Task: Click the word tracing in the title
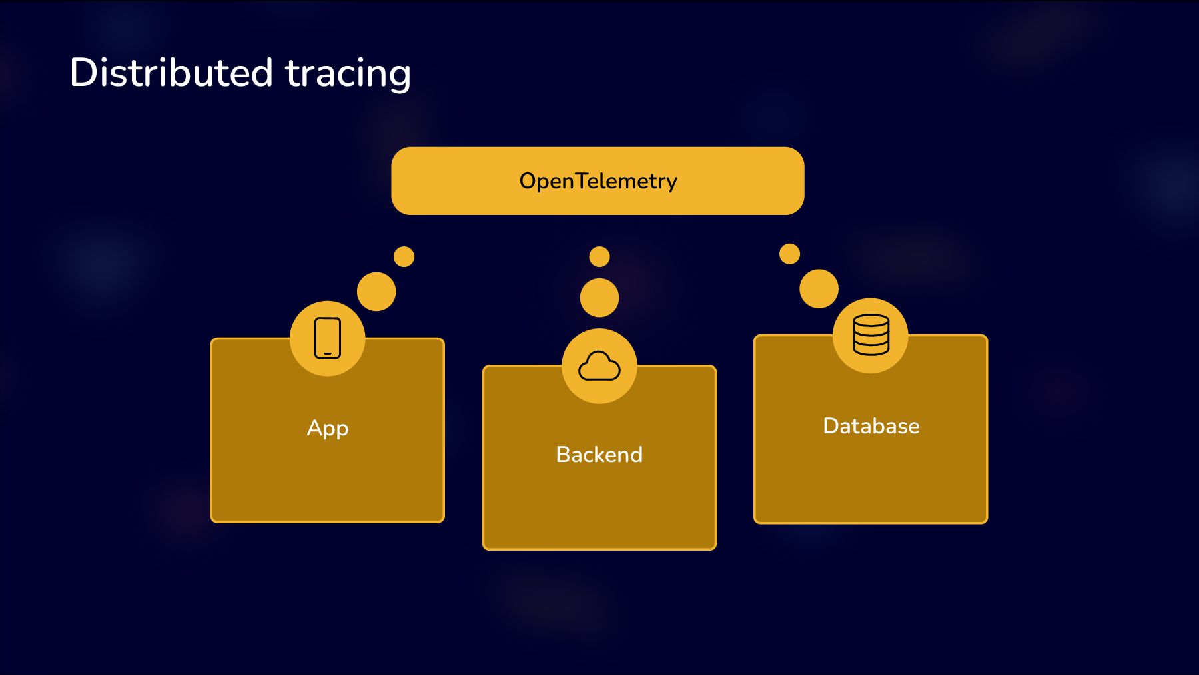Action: [x=348, y=73]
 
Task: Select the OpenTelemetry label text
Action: [x=598, y=181]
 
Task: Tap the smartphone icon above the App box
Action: [x=327, y=338]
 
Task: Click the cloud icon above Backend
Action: [x=599, y=367]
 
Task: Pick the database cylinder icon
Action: [x=871, y=335]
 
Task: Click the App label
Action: [x=327, y=428]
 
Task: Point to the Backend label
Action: [x=599, y=455]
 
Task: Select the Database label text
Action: [x=871, y=426]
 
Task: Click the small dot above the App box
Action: [x=404, y=256]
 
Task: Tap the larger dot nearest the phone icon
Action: [x=376, y=292]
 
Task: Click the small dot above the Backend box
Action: [x=599, y=256]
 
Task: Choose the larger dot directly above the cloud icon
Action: [x=599, y=298]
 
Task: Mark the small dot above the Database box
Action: [x=789, y=254]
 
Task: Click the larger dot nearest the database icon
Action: [x=819, y=288]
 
